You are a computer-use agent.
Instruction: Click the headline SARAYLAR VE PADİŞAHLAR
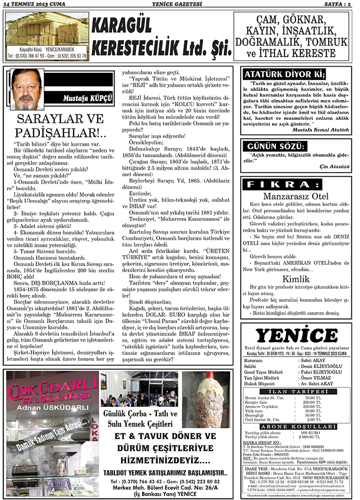tap(60, 126)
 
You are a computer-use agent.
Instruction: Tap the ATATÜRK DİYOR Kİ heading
tap(285, 74)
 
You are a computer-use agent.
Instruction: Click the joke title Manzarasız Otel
tap(296, 196)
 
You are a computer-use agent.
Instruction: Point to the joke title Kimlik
tap(296, 279)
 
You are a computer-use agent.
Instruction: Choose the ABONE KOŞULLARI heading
tap(296, 427)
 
